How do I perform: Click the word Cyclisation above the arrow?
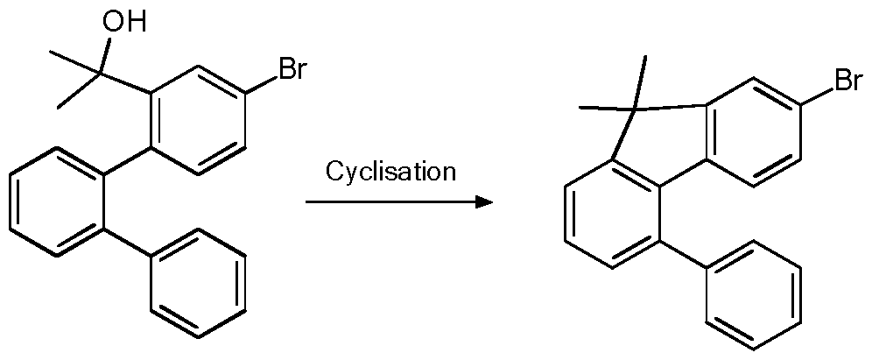click(390, 172)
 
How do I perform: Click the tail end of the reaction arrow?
click(306, 202)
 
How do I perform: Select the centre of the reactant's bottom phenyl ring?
click(198, 283)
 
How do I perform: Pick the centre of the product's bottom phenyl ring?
click(754, 295)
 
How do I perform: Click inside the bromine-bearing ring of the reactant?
click(199, 120)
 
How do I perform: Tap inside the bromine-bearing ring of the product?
click(754, 132)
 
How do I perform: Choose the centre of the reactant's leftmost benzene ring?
click(57, 201)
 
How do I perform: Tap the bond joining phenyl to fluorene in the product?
click(683, 255)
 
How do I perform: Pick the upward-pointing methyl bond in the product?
click(639, 81)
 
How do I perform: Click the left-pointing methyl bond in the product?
click(606, 107)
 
